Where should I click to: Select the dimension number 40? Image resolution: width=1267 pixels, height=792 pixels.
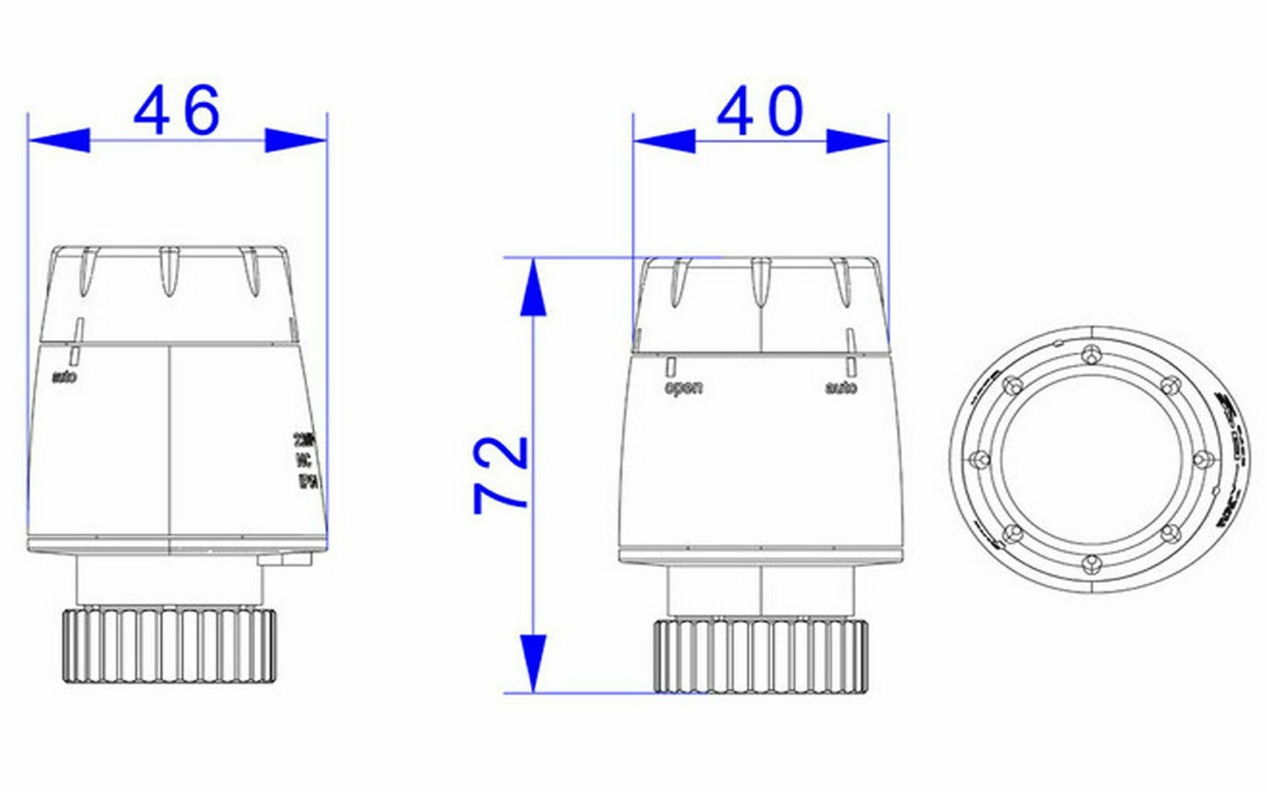[760, 112]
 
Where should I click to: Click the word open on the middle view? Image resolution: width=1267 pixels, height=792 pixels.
[684, 388]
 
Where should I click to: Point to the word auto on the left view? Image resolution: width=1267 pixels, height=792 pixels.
[65, 376]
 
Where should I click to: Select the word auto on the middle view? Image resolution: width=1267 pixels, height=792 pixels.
[841, 388]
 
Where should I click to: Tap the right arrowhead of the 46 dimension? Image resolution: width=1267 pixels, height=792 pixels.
[296, 141]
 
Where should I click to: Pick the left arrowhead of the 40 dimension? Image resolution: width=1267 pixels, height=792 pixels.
[663, 142]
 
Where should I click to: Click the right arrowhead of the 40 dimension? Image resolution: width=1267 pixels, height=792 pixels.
[858, 142]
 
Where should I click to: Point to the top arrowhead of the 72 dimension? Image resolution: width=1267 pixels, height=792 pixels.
[533, 287]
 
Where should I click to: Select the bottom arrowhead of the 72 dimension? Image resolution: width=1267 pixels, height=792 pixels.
[533, 663]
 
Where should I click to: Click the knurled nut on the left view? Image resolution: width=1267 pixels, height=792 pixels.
[169, 645]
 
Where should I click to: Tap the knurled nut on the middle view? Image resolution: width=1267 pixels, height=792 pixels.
[761, 655]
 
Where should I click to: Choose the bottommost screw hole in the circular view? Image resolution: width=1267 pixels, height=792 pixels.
[1091, 564]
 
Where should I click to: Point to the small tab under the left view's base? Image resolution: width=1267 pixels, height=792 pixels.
[283, 560]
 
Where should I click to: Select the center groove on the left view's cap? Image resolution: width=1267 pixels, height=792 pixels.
[168, 271]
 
